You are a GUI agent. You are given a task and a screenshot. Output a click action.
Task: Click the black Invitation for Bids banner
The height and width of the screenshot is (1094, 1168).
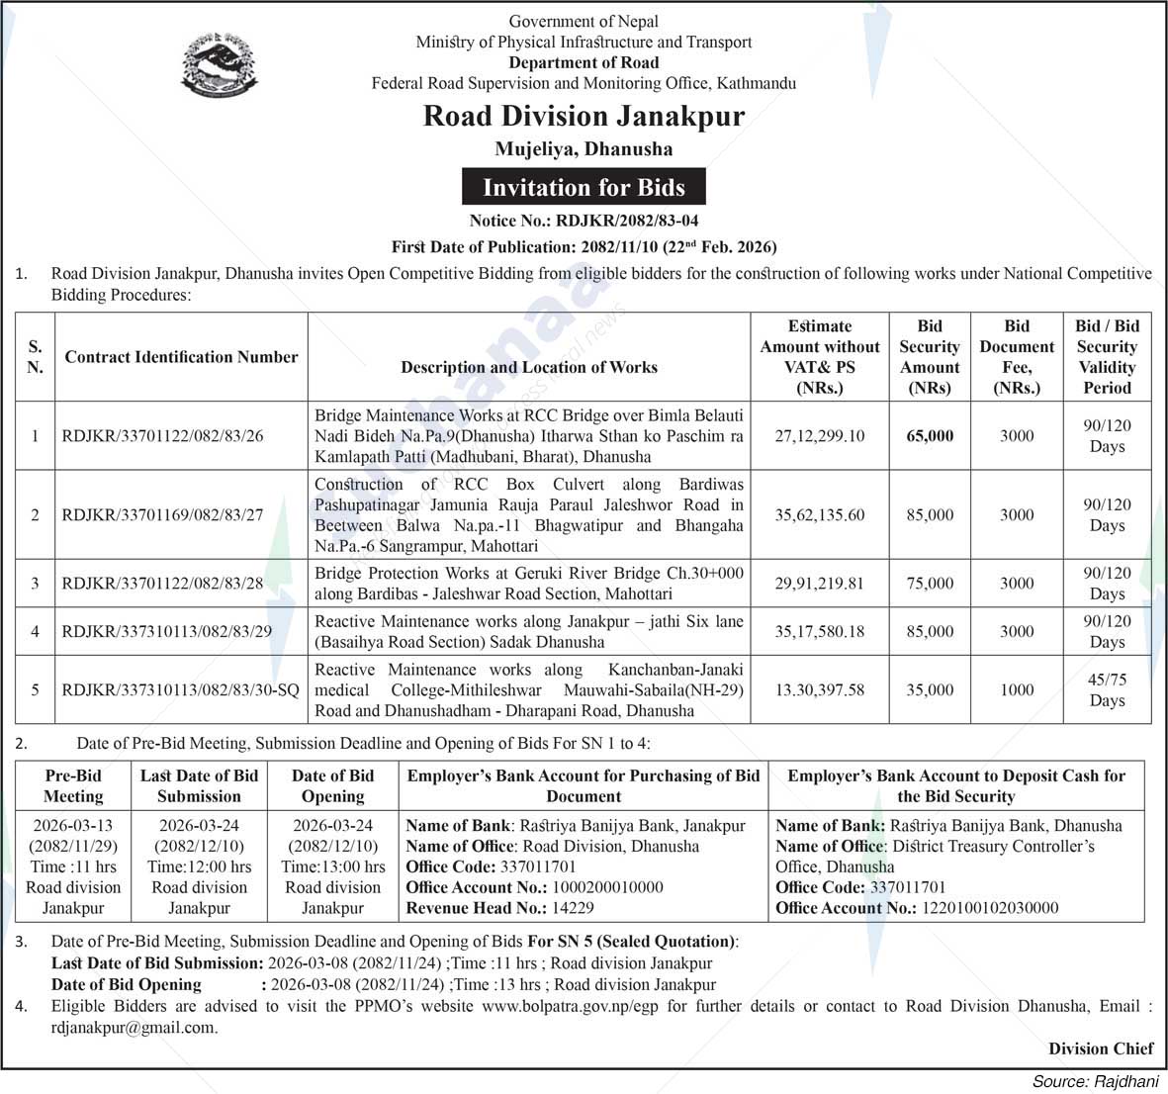pos(584,187)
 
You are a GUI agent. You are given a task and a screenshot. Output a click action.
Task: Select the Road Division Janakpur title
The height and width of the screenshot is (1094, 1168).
pos(584,116)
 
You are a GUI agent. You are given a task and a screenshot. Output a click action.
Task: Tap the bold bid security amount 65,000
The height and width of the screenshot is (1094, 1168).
pos(930,435)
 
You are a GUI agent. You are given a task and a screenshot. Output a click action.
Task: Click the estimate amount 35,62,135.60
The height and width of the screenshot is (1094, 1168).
pos(819,514)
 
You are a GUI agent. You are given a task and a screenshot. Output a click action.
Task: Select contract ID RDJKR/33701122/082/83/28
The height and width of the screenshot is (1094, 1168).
pos(162,583)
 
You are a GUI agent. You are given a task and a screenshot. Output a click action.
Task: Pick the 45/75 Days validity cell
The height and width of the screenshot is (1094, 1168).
pos(1107,689)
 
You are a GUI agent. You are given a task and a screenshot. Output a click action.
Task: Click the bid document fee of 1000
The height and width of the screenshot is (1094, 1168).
pos(1016,689)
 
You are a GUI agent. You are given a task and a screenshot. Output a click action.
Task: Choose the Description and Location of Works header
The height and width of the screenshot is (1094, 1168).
pos(528,367)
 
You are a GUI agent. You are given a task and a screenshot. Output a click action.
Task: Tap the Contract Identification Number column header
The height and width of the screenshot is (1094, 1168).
pos(181,357)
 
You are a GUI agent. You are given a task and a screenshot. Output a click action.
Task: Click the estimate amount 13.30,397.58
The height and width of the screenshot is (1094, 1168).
pos(819,689)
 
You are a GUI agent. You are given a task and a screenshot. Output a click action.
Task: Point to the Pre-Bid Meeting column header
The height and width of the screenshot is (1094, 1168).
pos(73,785)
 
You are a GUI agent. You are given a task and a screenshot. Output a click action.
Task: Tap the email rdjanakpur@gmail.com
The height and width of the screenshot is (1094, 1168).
pos(134,1028)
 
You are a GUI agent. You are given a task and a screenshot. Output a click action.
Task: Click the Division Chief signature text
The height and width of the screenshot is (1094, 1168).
pos(1101,1048)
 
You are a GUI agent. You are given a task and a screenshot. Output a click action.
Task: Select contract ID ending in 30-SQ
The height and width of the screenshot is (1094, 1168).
pos(179,689)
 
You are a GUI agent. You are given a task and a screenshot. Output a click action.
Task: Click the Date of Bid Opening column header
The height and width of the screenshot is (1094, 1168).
pos(332,785)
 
